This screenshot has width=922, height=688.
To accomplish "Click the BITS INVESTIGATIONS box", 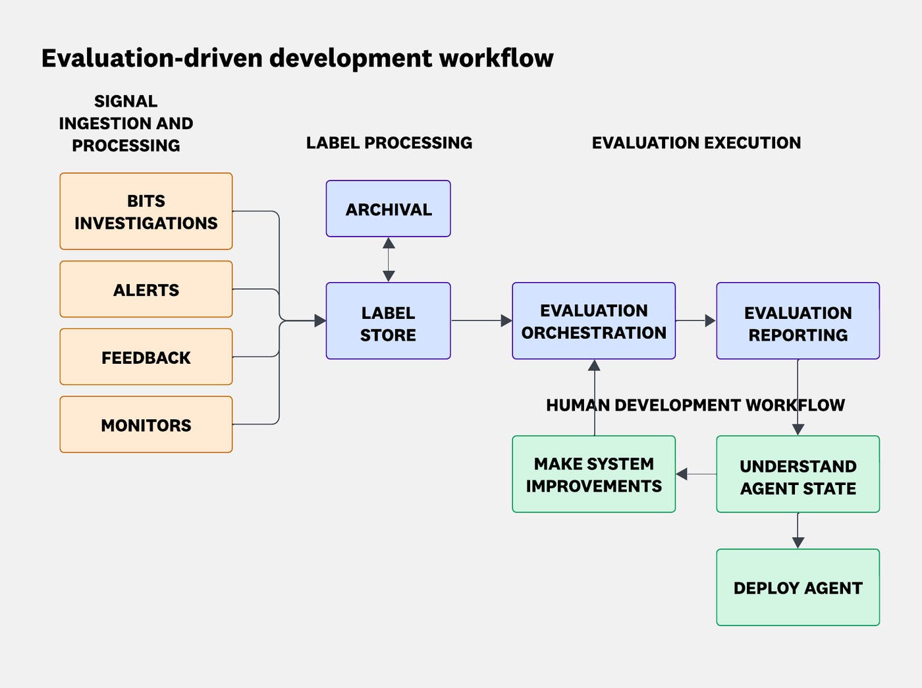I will point(146,212).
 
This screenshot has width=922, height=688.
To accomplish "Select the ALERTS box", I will point(146,289).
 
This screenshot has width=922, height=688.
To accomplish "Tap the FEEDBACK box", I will point(146,357).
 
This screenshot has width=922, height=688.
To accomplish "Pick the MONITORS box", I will point(146,424).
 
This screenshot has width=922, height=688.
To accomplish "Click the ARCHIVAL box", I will point(388,209).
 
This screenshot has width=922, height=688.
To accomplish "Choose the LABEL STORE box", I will point(388,322).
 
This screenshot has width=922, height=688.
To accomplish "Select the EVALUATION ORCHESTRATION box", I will point(593,322).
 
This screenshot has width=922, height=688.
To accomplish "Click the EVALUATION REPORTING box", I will point(798,322).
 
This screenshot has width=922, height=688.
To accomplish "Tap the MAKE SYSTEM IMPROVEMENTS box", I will point(593,474).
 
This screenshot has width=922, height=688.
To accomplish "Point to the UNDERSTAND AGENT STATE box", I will point(798,474).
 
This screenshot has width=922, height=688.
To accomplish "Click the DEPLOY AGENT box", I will point(798,587).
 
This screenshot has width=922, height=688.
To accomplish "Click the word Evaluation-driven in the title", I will point(152,58).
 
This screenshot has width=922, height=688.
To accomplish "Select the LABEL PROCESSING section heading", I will point(389,142).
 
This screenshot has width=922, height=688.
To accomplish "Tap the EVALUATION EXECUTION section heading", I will point(696,142).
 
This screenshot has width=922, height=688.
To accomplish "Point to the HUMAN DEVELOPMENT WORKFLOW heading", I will point(695,405).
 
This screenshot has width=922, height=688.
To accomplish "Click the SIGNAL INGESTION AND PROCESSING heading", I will point(126,123).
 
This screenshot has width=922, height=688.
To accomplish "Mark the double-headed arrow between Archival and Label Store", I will point(389,260).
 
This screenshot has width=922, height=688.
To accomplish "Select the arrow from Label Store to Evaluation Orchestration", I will point(481,321).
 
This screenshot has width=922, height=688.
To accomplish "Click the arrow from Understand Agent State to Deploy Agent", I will point(798,530).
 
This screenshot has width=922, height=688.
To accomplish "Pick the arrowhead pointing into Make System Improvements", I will point(682,474).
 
